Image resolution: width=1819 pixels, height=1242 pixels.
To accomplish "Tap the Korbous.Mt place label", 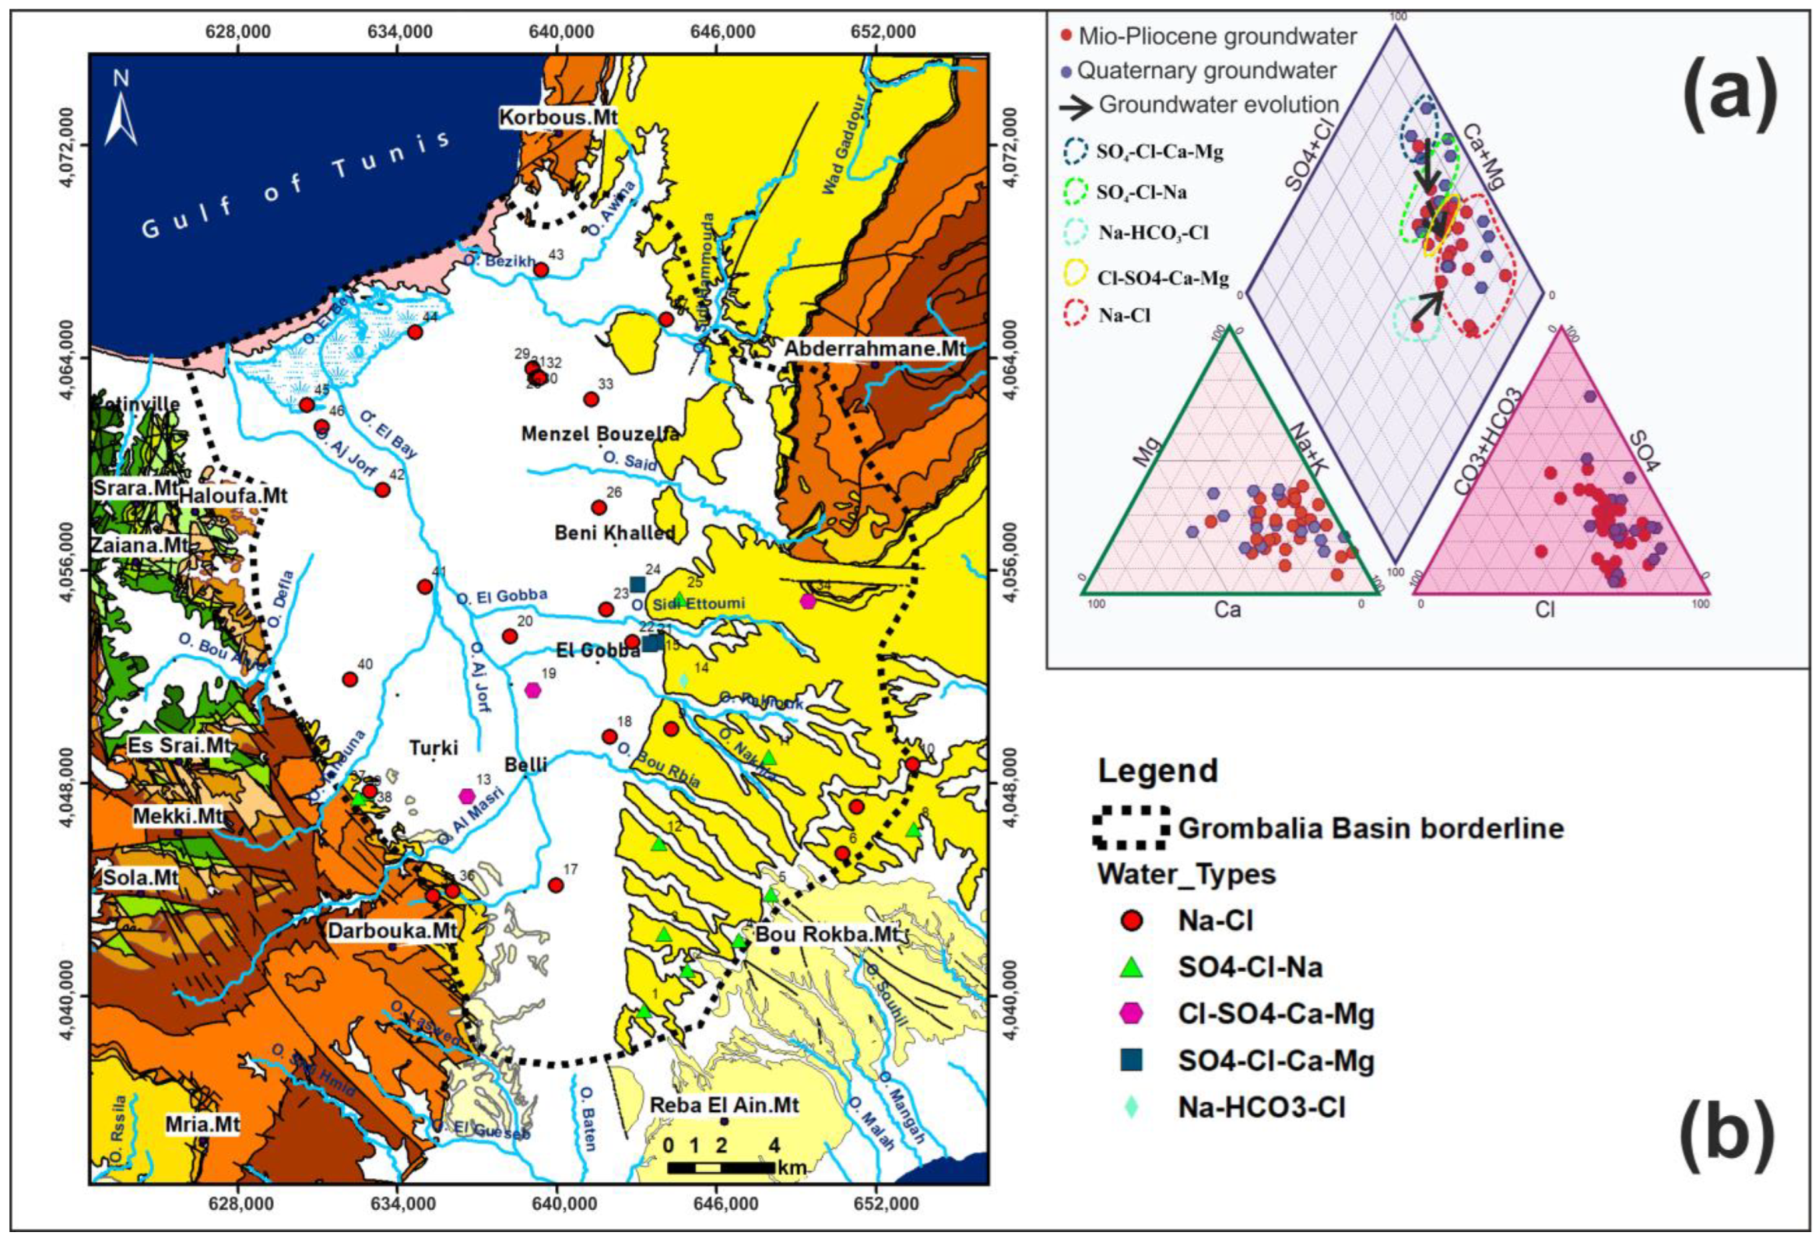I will point(558,118).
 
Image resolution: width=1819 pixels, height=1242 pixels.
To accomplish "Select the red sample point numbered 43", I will point(541,270).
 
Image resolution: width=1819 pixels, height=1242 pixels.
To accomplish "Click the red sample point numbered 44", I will point(415,332).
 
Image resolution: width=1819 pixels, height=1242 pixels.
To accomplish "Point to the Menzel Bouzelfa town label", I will point(599,433).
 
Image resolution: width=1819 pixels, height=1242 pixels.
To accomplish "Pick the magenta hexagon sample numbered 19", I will point(532,689).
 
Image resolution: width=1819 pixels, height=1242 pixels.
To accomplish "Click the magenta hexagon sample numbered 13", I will point(466,796).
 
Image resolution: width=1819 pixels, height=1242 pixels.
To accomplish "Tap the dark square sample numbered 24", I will point(637,584).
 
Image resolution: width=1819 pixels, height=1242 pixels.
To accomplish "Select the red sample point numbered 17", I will point(556,885).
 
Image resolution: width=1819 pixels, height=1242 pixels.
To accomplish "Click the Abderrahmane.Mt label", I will point(875,349).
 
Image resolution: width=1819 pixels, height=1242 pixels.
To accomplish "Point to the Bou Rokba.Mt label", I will point(827,935).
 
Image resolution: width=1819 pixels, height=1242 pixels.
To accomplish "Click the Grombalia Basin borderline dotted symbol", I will point(1132,828).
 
